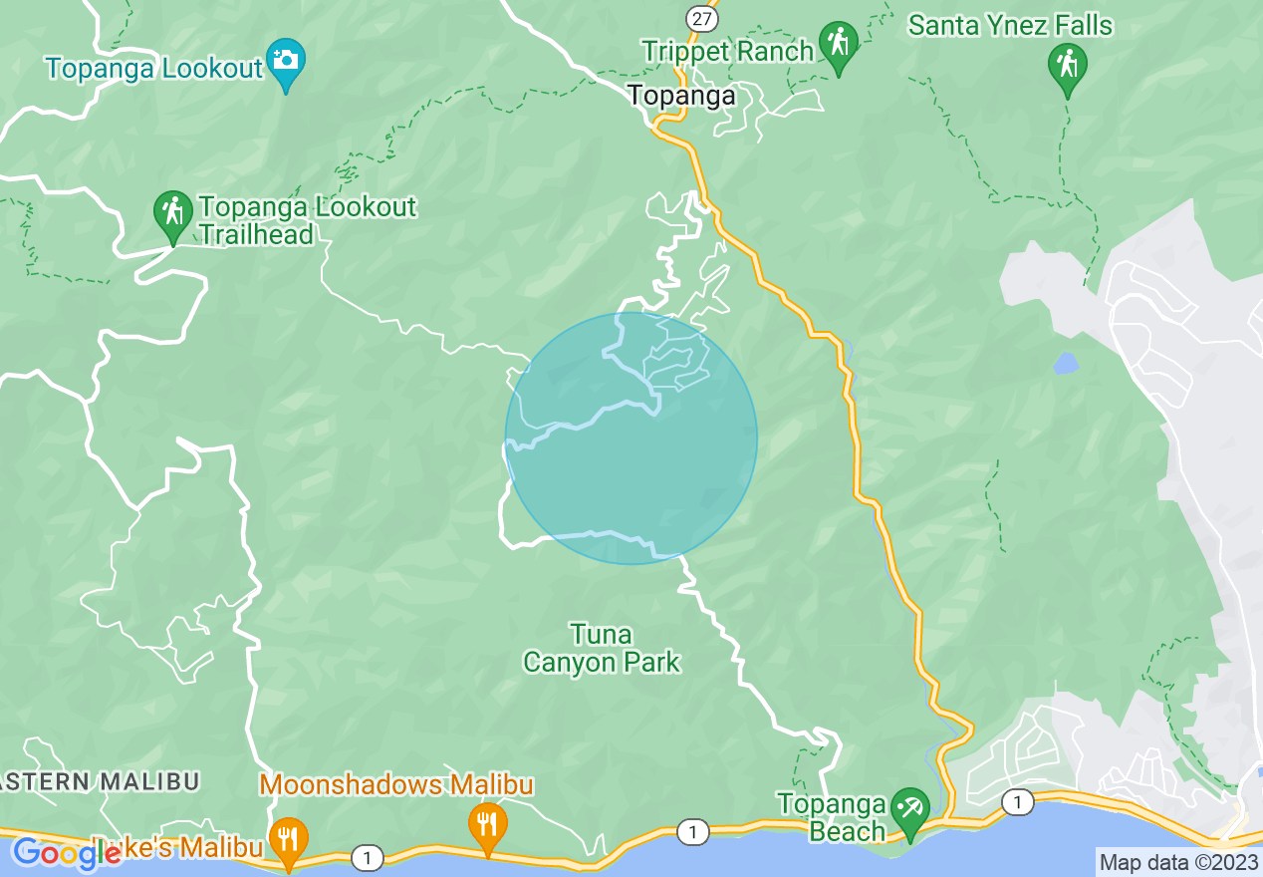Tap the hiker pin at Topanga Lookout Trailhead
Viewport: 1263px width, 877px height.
[173, 213]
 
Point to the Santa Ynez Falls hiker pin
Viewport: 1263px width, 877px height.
[1068, 67]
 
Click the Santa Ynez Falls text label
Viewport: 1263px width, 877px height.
[1010, 25]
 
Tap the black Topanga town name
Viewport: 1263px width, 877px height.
[681, 96]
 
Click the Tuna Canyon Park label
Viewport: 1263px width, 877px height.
[602, 648]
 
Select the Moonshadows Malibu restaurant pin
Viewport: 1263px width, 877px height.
[487, 825]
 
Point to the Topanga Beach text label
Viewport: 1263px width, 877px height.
[832, 817]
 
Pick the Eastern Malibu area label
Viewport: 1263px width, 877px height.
[100, 780]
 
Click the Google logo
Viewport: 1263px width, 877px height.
[66, 854]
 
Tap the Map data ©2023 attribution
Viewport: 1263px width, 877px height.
[1178, 862]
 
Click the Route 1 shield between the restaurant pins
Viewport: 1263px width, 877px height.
[369, 856]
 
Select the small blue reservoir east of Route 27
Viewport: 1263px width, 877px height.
[1065, 363]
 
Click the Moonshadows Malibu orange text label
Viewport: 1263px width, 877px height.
[396, 785]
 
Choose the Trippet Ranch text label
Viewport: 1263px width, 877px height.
[727, 51]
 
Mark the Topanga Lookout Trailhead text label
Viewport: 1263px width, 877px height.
[307, 220]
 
